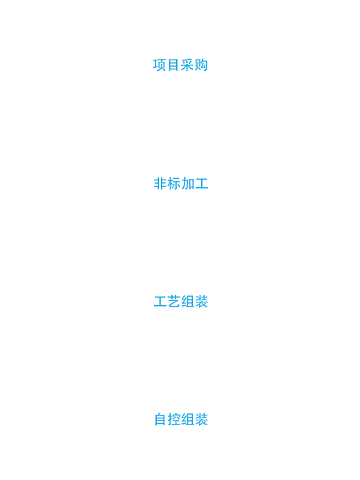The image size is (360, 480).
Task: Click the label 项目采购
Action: point(180,65)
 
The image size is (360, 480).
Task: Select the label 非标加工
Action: point(180,184)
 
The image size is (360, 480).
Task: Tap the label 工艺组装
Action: point(180,302)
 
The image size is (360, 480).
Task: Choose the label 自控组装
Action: point(181,420)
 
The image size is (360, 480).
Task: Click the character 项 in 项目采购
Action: point(160,65)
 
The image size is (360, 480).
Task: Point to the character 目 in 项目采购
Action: point(173,65)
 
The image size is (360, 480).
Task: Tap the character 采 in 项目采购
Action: point(187,65)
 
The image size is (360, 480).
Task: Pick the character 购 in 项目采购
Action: point(201,65)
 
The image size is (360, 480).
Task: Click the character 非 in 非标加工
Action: point(160,184)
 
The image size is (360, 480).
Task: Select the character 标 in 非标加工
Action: point(173,184)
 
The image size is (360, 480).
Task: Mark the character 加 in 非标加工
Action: point(187,184)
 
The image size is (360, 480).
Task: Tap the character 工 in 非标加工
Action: point(201,184)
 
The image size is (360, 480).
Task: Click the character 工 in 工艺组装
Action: point(160,302)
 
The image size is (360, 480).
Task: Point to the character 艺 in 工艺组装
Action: point(173,302)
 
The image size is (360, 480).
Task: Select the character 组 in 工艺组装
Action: point(187,302)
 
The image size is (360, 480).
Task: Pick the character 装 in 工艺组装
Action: point(201,302)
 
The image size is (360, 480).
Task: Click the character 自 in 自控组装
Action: point(160,420)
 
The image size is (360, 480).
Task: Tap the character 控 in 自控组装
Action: point(173,420)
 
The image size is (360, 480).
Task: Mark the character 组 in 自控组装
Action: point(187,420)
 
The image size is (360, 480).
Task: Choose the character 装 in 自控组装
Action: point(201,420)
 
